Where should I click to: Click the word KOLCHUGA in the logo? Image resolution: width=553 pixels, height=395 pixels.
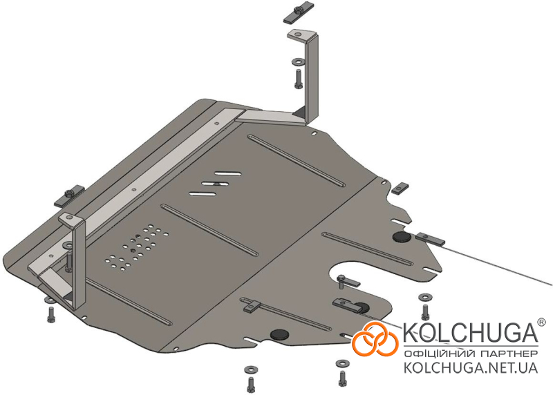point(470,332)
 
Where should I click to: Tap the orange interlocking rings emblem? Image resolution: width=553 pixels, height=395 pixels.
point(375,338)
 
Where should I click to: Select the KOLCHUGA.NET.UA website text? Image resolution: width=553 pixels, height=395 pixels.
point(471,367)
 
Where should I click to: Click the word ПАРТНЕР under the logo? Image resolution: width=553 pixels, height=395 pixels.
point(509,354)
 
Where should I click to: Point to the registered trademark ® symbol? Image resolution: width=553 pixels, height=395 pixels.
point(541,322)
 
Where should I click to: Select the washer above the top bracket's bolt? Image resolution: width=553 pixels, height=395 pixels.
point(299,62)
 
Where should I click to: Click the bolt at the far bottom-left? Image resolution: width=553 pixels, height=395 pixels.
point(51,314)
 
